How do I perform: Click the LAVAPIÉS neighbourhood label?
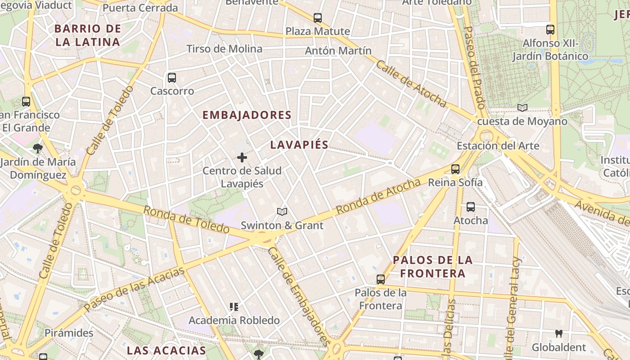pos(299,145)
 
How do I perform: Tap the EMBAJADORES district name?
pos(247,115)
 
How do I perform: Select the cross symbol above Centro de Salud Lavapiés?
pos(242,157)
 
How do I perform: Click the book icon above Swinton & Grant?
pos(282,211)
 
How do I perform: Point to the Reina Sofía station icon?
pos(455,169)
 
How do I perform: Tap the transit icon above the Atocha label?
pos(471,207)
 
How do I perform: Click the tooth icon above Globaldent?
pos(559,334)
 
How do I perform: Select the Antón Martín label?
pos(338,51)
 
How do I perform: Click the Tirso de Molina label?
pos(224,49)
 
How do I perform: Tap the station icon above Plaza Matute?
pos(318,18)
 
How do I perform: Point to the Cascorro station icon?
pos(172,78)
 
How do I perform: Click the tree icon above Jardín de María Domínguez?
pos(38,148)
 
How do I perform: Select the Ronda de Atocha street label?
pos(378,196)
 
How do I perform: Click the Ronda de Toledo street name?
pos(186,219)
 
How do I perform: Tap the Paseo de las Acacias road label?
pos(135,288)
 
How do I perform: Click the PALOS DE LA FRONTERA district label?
pos(432,266)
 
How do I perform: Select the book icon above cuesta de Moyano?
pos(522,108)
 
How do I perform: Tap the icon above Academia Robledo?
pos(234,307)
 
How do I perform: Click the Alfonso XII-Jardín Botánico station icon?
pos(550,30)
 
